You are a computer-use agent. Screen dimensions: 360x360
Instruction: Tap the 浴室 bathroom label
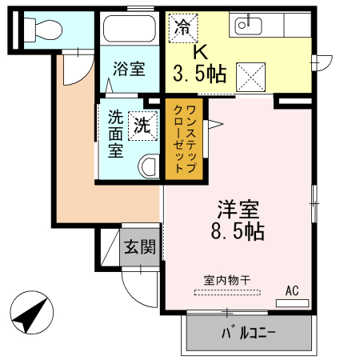[128, 70]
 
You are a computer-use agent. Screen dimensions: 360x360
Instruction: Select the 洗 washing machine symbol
[141, 125]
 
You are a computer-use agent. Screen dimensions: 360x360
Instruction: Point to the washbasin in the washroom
[149, 166]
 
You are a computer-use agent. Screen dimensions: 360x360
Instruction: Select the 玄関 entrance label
[139, 247]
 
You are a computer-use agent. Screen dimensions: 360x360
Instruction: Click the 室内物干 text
[226, 280]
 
